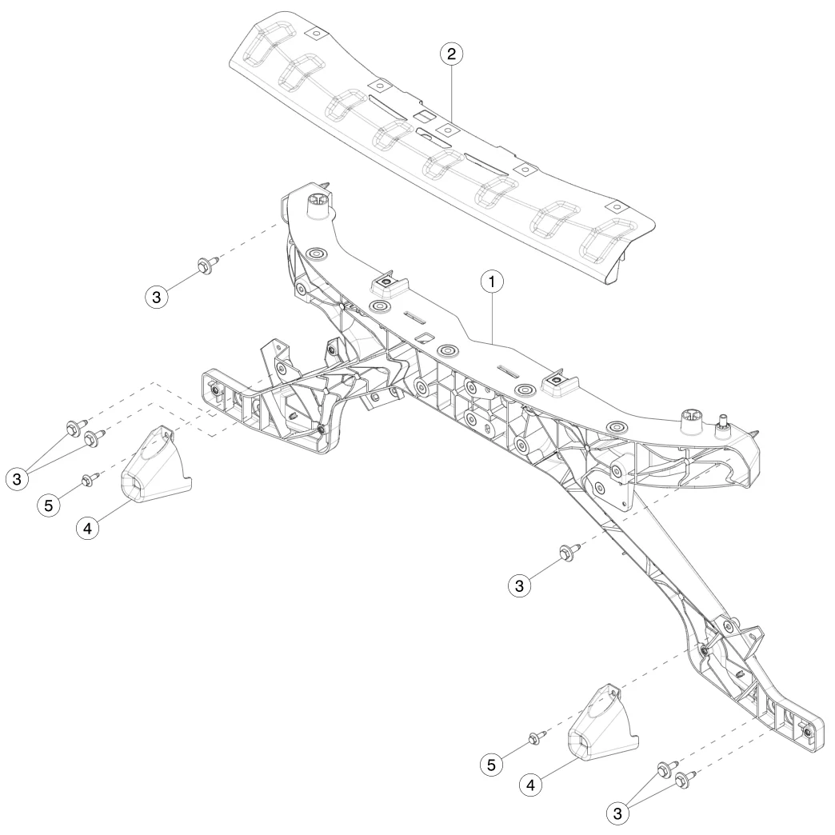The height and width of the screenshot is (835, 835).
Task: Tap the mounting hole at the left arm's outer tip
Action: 215,389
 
